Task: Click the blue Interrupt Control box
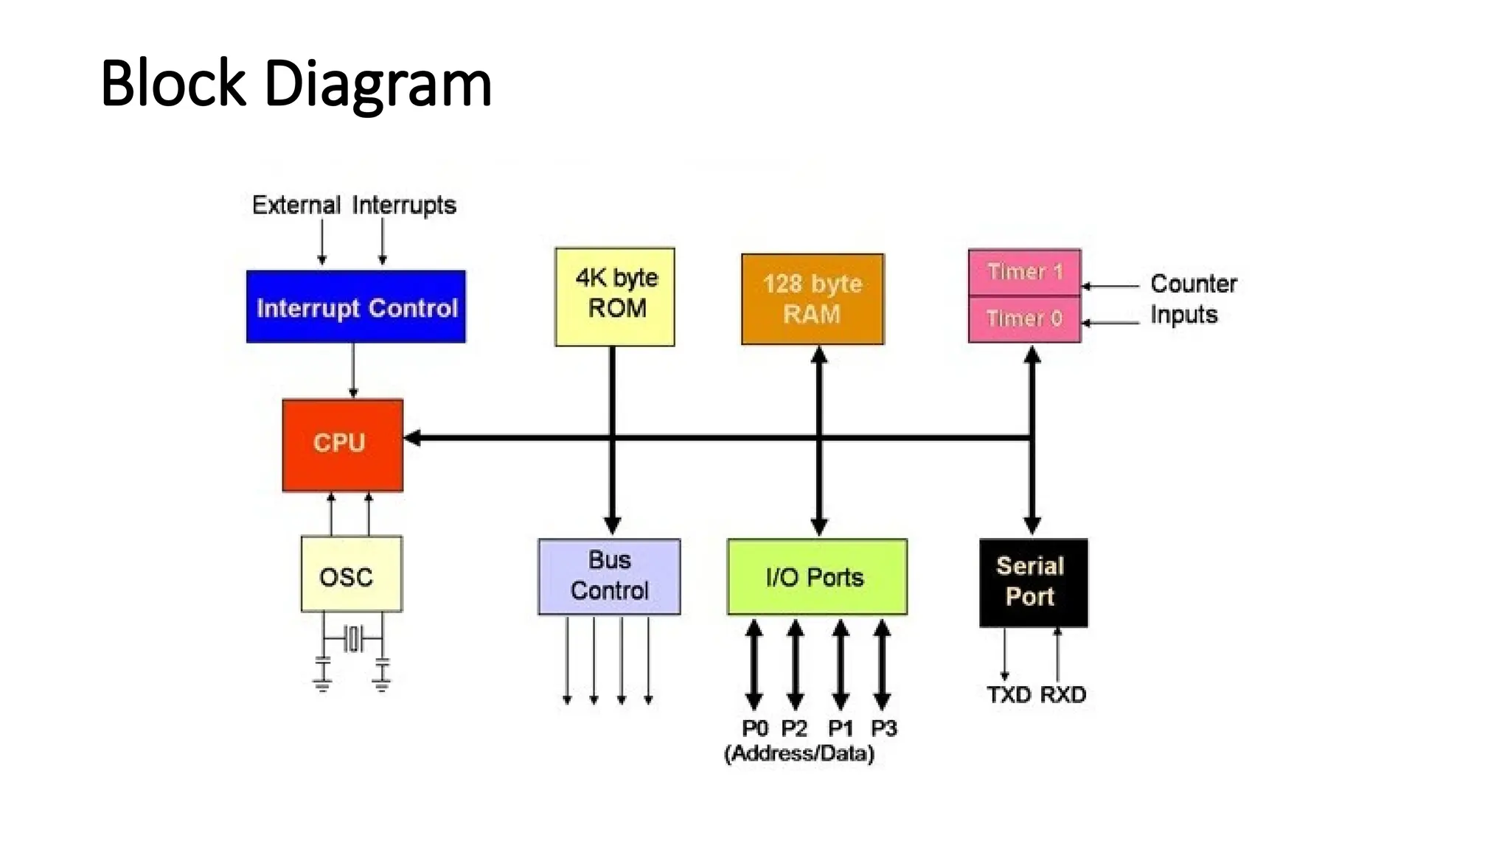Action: [355, 307]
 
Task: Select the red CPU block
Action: [342, 444]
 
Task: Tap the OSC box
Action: [351, 574]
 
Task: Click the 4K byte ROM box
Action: [615, 296]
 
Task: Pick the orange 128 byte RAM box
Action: [812, 299]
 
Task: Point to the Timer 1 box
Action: [1024, 272]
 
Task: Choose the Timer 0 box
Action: [1024, 319]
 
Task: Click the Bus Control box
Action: [609, 576]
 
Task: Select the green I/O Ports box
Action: [816, 577]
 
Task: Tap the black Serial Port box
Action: [1032, 582]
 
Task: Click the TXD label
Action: [1009, 694]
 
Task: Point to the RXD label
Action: [1062, 694]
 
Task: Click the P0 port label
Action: [754, 728]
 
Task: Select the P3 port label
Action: [883, 728]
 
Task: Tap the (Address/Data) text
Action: [799, 753]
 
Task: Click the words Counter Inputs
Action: [1192, 299]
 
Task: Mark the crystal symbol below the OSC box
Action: [353, 638]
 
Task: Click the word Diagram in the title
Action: [377, 83]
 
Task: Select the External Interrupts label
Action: [354, 205]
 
